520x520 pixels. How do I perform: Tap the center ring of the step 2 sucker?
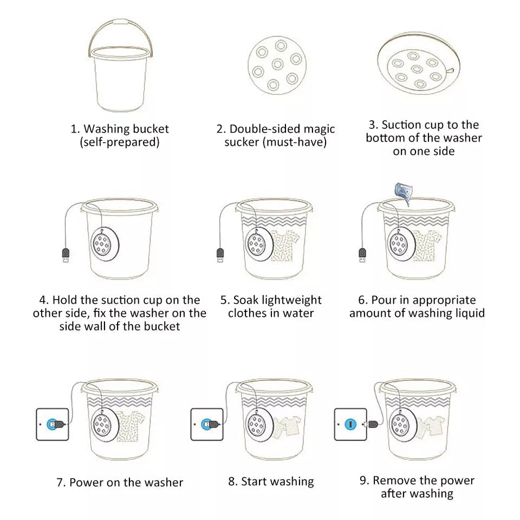[x=277, y=65]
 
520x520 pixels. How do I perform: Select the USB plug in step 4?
[x=65, y=255]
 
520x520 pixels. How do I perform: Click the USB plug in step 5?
[x=220, y=255]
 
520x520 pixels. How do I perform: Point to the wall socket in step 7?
[x=53, y=424]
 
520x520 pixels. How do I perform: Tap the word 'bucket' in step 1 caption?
[x=151, y=129]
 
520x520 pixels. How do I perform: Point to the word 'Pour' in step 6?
[x=383, y=300]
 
